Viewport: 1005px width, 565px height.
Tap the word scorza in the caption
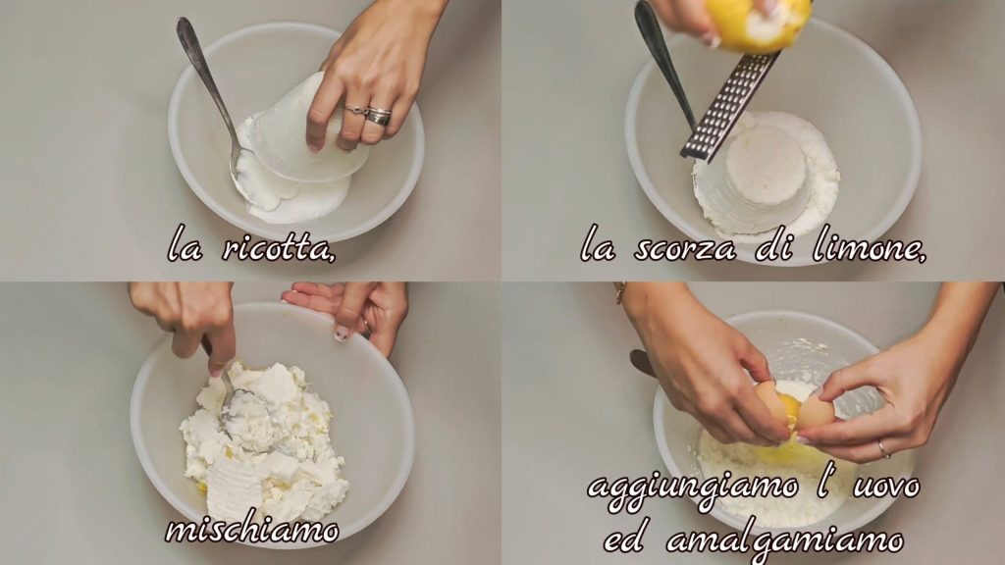pos(684,248)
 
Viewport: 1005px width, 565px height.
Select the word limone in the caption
pos(869,247)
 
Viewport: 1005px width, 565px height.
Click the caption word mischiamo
pos(252,530)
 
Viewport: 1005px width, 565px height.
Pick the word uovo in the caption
pos(886,487)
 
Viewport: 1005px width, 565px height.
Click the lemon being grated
pos(757,23)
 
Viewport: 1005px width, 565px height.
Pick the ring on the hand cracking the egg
pos(884,448)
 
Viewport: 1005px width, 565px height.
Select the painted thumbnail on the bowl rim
pos(342,333)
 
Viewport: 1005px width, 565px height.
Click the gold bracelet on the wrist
pos(620,292)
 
